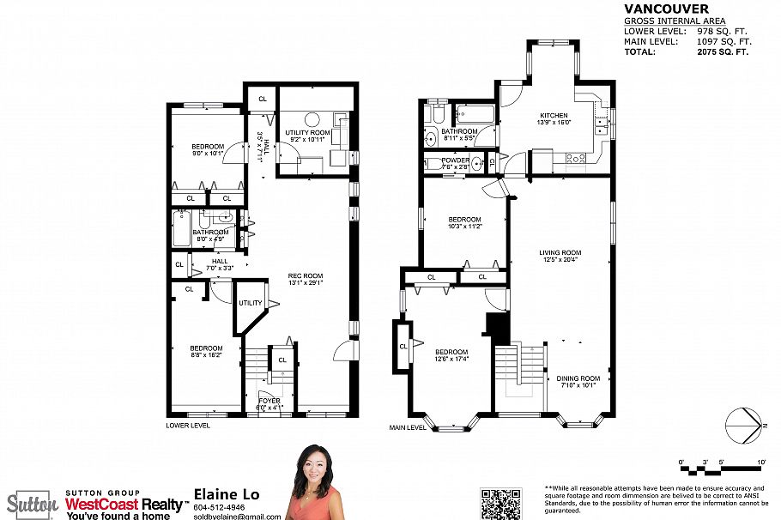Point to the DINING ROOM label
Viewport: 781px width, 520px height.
(578, 378)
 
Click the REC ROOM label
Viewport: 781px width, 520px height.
(304, 276)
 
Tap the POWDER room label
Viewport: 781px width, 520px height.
(455, 160)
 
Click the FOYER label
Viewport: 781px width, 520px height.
(269, 401)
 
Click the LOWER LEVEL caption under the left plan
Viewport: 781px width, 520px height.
(189, 425)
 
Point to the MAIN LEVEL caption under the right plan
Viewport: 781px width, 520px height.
(409, 427)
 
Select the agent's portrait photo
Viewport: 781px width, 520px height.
(315, 482)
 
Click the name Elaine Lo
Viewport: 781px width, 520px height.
(227, 494)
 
